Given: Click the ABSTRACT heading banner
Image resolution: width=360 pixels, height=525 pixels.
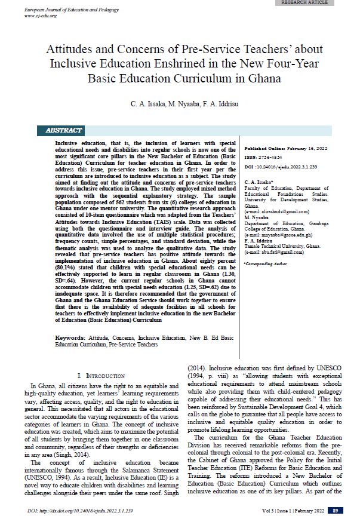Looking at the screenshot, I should pos(63,130).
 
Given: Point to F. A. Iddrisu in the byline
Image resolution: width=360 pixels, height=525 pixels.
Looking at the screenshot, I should pos(228,104).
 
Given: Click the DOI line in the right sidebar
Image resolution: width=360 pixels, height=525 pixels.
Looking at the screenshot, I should pos(281,167).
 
